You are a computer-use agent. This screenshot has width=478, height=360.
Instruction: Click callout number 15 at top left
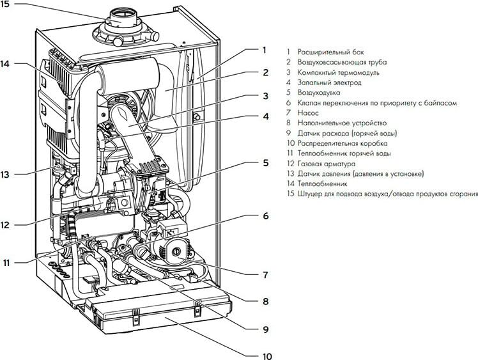[x=5, y=4]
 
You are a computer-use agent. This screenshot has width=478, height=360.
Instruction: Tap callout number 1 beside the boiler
[x=265, y=50]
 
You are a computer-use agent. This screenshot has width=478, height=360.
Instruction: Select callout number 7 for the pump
[x=266, y=275]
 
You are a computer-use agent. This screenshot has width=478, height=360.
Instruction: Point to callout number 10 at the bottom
[x=267, y=356]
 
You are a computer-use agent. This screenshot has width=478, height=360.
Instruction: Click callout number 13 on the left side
[x=5, y=175]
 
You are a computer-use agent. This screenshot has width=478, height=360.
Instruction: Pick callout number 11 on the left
[x=6, y=262]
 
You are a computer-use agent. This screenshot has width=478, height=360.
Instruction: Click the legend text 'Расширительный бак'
[x=331, y=52]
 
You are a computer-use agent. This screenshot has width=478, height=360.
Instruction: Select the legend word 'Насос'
[x=308, y=113]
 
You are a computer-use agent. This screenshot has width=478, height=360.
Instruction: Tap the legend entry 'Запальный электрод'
[x=330, y=82]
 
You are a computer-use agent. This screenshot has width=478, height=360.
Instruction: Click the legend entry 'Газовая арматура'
[x=327, y=164]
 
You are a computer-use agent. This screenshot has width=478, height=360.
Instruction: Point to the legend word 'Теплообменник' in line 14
[x=323, y=184]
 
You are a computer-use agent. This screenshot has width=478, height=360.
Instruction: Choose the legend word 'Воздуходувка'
[x=319, y=93]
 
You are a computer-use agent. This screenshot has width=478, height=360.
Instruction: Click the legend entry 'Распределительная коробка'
[x=343, y=143]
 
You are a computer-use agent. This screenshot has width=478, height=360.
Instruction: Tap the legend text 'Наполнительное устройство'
[x=342, y=123]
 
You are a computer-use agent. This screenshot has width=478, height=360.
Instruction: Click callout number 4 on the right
[x=266, y=116]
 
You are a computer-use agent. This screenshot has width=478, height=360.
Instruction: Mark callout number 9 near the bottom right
[x=266, y=329]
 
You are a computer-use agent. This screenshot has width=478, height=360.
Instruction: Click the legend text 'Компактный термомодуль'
[x=339, y=72]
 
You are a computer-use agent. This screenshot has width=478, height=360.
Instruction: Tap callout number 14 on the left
[x=5, y=64]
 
